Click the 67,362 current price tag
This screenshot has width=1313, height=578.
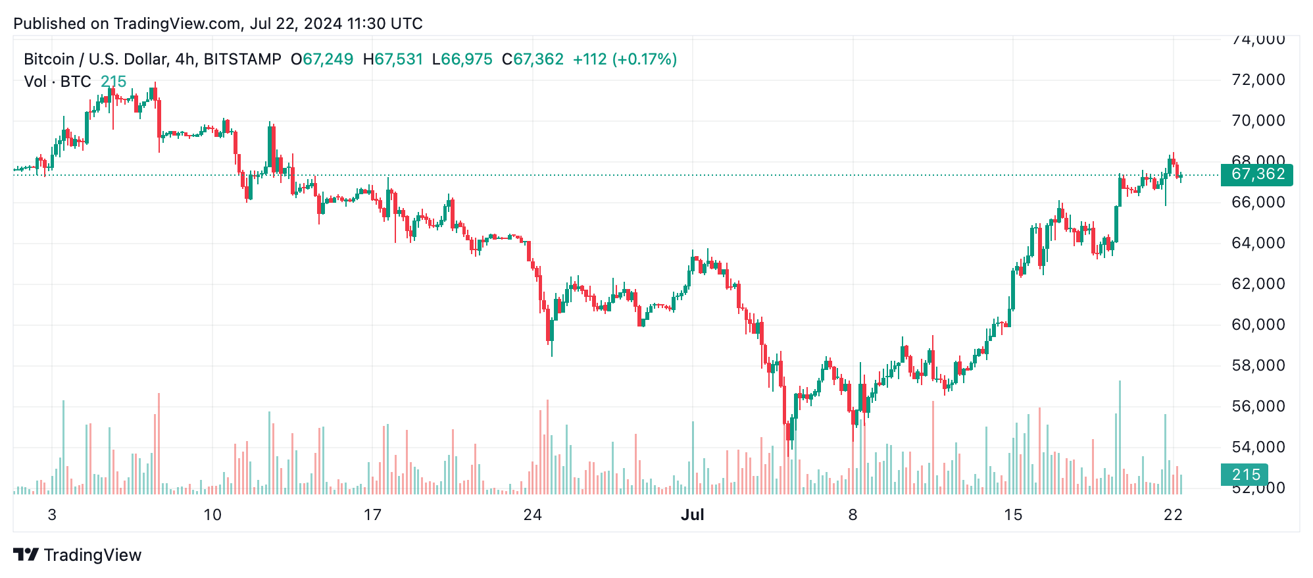(1256, 174)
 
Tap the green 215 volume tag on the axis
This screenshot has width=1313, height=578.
(1245, 475)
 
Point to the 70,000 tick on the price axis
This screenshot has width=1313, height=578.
(1258, 120)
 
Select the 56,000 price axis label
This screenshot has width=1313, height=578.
(1258, 406)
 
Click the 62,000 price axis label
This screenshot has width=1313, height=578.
(1258, 284)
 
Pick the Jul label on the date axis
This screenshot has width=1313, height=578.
(692, 515)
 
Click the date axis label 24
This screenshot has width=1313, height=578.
(532, 515)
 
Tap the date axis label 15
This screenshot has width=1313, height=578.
(1013, 515)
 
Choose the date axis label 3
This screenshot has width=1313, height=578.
(52, 515)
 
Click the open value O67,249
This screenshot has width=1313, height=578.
(322, 59)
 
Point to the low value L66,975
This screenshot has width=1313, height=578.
(462, 59)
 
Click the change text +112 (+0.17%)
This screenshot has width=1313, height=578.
(624, 59)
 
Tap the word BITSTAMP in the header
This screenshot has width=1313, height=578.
(242, 59)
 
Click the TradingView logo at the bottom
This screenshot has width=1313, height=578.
(78, 555)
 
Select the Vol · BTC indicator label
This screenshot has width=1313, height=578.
(57, 82)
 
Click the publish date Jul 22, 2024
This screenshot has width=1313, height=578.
(296, 24)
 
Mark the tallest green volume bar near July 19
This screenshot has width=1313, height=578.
(1120, 438)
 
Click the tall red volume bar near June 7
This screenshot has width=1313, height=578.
(159, 444)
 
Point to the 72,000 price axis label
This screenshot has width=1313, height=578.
(1258, 80)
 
